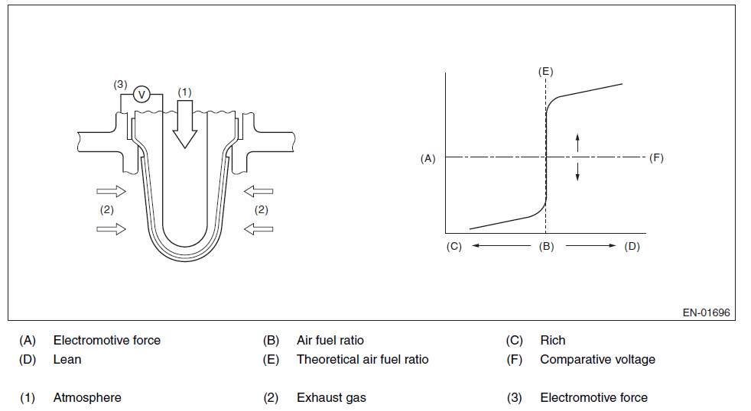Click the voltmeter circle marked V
pyautogui.click(x=141, y=94)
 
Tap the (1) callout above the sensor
pyautogui.click(x=184, y=92)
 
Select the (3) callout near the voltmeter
pyautogui.click(x=120, y=84)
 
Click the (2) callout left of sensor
pyautogui.click(x=107, y=209)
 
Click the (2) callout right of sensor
pyautogui.click(x=262, y=209)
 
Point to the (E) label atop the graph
pyautogui.click(x=545, y=71)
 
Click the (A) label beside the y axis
pyautogui.click(x=428, y=158)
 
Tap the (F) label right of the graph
pyautogui.click(x=656, y=158)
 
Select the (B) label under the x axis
pyautogui.click(x=546, y=247)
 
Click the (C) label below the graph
pyautogui.click(x=454, y=247)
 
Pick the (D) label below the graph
pyautogui.click(x=632, y=247)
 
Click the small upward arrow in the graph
pyautogui.click(x=577, y=141)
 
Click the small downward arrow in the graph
pyautogui.click(x=577, y=172)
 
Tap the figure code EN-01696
pyautogui.click(x=707, y=313)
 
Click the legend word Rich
pyautogui.click(x=552, y=340)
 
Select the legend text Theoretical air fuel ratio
pyautogui.click(x=362, y=359)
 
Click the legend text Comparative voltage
pyautogui.click(x=597, y=359)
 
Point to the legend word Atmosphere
pyautogui.click(x=87, y=397)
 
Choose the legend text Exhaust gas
pyautogui.click(x=331, y=397)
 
